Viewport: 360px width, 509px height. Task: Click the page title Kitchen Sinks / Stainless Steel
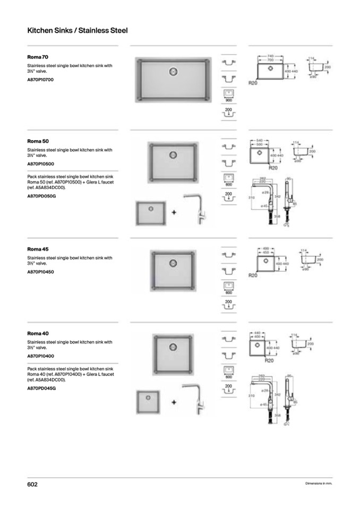[x=77, y=31]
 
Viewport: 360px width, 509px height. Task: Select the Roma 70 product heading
[x=38, y=56]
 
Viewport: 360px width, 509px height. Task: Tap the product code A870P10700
[x=40, y=80]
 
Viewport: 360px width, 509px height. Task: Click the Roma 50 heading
[x=38, y=141]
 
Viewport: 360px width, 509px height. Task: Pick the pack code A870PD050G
[x=41, y=196]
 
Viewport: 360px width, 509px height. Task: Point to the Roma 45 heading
[x=38, y=248]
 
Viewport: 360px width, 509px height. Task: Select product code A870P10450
[x=40, y=272]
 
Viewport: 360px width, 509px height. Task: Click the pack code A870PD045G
[x=41, y=389]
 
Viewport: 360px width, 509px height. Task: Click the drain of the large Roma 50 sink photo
[x=173, y=154]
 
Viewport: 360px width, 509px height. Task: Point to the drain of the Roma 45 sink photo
[x=172, y=262]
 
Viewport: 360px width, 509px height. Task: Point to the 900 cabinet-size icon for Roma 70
[x=229, y=96]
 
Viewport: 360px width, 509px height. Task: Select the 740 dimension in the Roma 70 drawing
[x=270, y=55]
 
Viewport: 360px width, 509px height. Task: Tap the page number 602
[x=32, y=485]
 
